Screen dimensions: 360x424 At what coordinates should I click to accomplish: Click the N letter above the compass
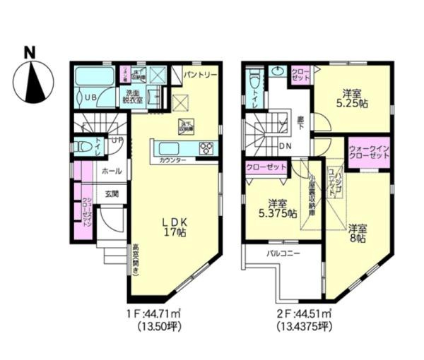(x=30, y=52)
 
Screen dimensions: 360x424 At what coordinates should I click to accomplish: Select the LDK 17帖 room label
(x=172, y=225)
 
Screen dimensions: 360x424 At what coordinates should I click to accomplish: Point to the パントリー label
(x=199, y=73)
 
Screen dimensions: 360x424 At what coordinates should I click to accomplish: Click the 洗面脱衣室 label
(x=134, y=97)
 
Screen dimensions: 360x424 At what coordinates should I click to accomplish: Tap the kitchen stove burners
(x=208, y=148)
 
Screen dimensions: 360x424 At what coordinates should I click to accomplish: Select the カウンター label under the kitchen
(x=172, y=162)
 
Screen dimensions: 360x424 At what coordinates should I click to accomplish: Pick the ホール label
(x=111, y=171)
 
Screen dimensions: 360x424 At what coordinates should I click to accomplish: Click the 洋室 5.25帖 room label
(x=351, y=97)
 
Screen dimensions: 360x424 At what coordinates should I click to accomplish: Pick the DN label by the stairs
(x=287, y=146)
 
